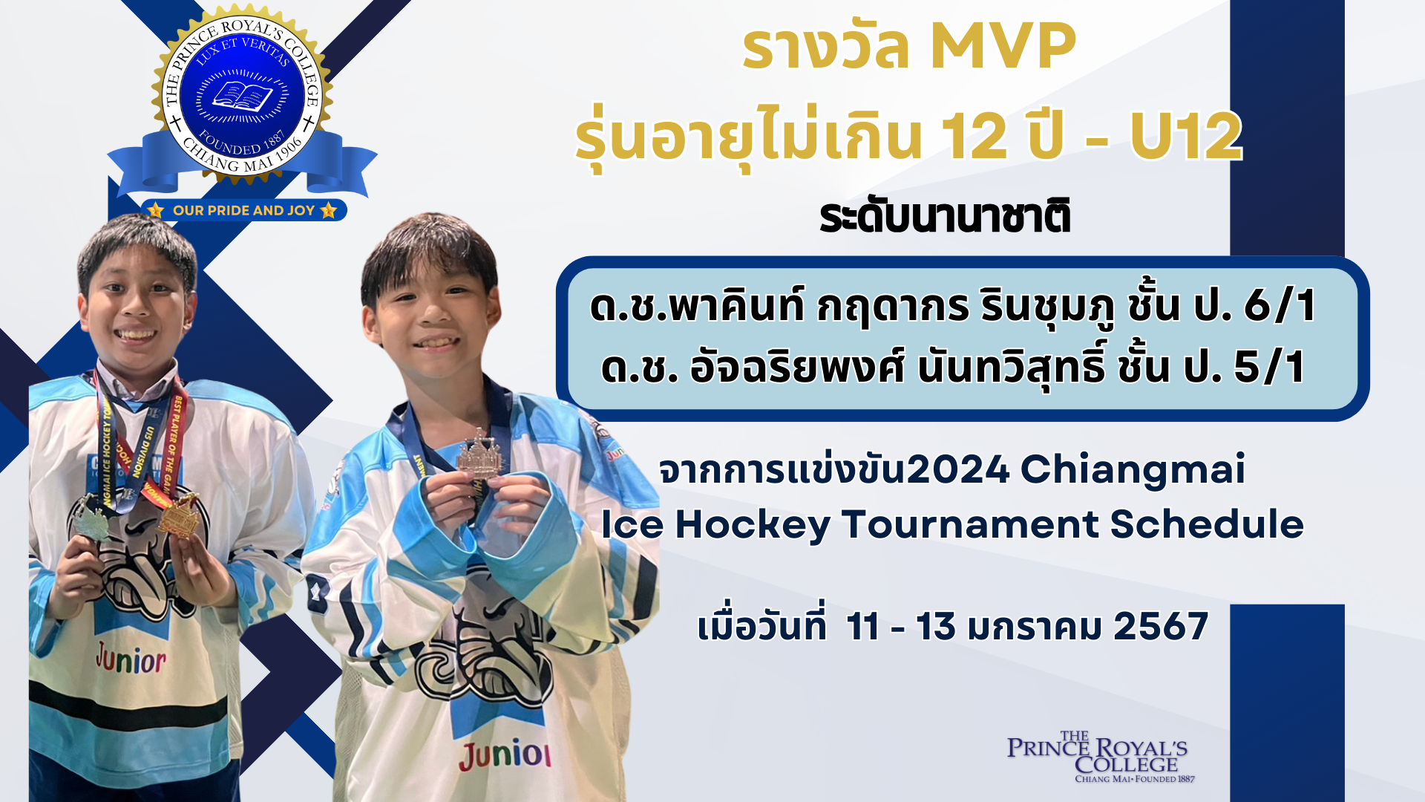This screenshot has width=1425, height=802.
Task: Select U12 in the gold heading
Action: (x=1186, y=136)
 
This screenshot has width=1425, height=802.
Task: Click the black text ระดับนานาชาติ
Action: (x=945, y=216)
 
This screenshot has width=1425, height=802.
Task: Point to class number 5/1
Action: (x=1270, y=367)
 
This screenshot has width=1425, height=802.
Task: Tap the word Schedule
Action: (x=1207, y=524)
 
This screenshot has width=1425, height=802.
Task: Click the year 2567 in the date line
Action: (x=1161, y=626)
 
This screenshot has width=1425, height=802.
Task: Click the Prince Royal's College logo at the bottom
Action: (x=1097, y=757)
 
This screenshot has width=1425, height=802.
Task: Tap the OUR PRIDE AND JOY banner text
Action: (x=244, y=211)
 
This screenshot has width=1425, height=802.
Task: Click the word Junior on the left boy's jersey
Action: (x=131, y=658)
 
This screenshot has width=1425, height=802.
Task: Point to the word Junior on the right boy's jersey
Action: (x=505, y=754)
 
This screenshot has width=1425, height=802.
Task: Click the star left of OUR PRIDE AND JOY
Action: (x=155, y=210)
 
